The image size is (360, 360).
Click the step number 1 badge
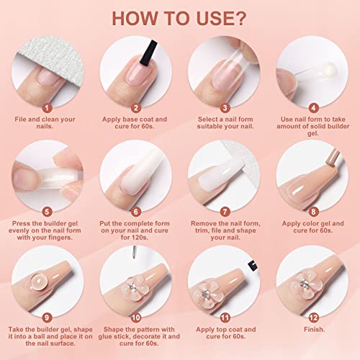(x=47, y=108)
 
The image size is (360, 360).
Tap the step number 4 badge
(x=313, y=108)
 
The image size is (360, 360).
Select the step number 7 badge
(x=225, y=212)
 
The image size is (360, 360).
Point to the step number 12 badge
(x=313, y=318)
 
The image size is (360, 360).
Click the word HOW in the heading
(x=134, y=19)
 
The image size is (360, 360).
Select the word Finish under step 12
(x=314, y=329)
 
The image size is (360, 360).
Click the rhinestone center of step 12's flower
(x=305, y=284)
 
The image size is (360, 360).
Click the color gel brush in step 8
(x=333, y=158)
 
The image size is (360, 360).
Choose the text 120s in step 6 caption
(x=140, y=238)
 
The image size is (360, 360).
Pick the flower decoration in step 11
(x=206, y=293)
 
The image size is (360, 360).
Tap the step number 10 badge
(x=136, y=318)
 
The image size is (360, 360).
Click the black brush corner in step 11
(x=253, y=265)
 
